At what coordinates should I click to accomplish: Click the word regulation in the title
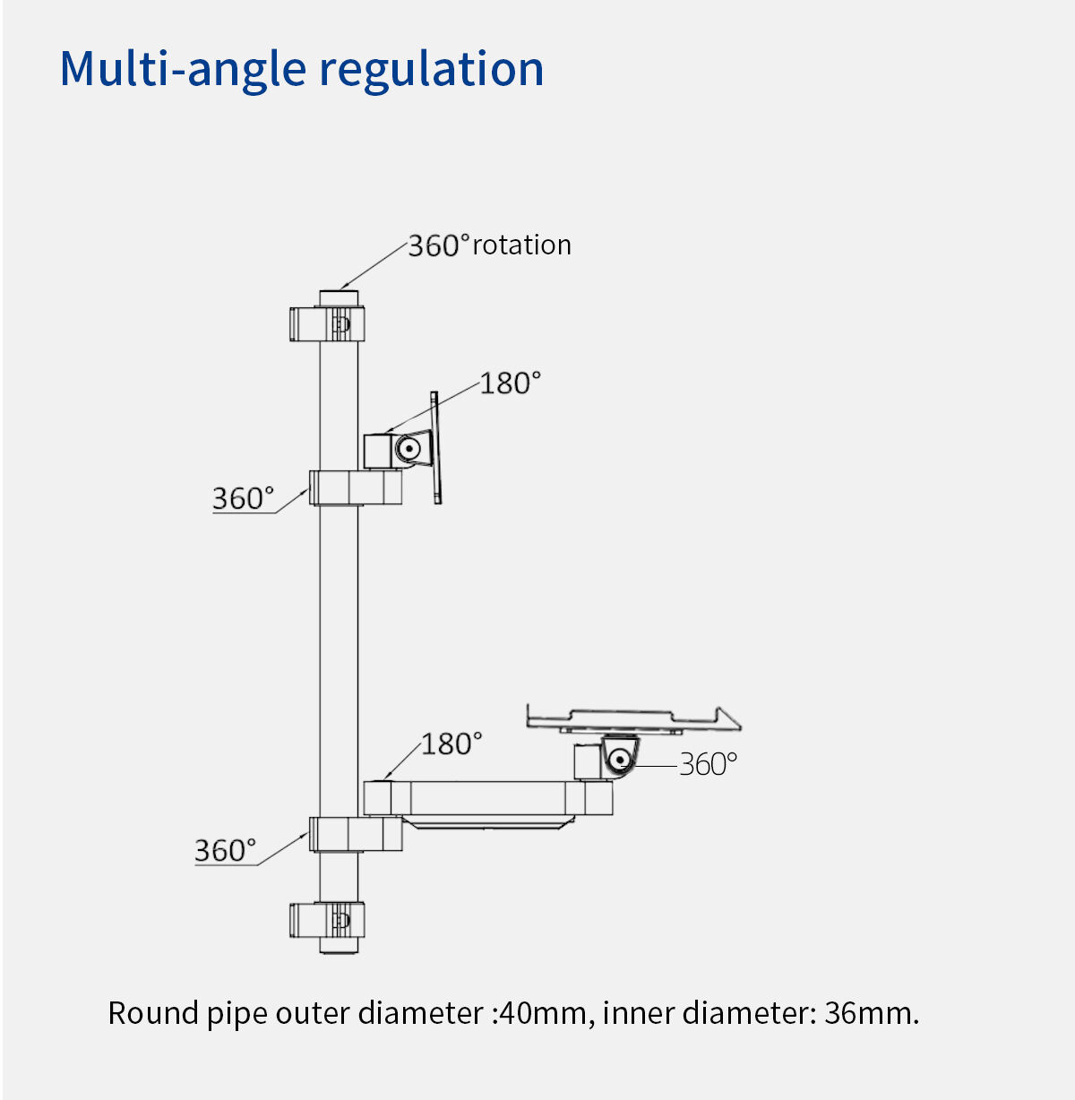431,69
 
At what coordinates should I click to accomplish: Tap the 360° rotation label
489,245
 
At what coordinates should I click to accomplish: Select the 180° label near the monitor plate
510,383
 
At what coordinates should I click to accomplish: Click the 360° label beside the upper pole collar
242,498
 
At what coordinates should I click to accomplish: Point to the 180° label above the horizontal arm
451,743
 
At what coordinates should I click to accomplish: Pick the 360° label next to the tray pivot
708,764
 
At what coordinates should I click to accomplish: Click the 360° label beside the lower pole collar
225,850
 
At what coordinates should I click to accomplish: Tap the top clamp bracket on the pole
326,323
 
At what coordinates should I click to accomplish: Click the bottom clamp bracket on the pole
326,920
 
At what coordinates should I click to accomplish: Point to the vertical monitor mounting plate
435,447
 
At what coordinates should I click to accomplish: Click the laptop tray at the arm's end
632,718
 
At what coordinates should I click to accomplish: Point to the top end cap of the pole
339,296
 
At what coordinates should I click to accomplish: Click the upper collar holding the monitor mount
355,487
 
